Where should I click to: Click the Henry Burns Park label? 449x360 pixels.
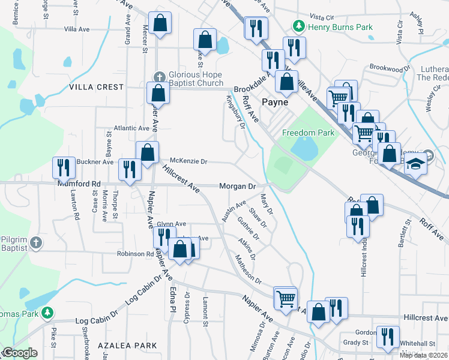pos(340,27)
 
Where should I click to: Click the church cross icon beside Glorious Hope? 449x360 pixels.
pos(159,76)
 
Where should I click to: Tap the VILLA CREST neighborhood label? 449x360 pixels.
pos(96,87)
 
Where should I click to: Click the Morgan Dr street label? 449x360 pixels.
pos(237,187)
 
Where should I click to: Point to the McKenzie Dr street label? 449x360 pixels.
pos(188,161)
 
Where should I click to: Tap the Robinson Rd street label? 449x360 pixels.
pos(135,254)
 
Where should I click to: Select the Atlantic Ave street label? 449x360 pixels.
pos(131,128)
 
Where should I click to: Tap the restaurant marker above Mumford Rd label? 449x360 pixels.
pos(63,167)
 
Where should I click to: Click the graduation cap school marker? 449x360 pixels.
pos(415,163)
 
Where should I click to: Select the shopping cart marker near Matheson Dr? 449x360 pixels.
pos(285,296)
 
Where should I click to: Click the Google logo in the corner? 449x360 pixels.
pos(20,353)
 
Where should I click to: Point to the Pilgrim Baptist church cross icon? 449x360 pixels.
pos(36,243)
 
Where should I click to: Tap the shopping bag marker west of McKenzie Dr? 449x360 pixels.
pos(147,152)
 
